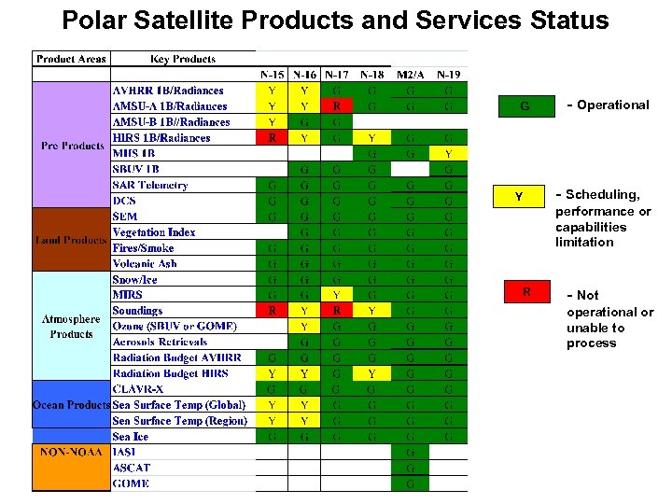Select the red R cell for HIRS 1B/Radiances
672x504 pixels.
(x=272, y=138)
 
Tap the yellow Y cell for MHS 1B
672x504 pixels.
(x=448, y=153)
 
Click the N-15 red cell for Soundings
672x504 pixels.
(x=272, y=311)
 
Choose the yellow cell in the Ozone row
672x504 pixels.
(x=304, y=327)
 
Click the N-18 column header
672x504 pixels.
(x=371, y=75)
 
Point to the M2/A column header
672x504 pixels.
(x=411, y=75)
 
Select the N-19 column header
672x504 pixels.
(x=448, y=75)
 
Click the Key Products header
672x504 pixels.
(x=183, y=59)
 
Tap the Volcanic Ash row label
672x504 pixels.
(x=145, y=264)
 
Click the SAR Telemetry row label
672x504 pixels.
(x=150, y=185)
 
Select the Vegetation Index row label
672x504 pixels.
(x=154, y=232)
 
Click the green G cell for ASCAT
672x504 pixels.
(x=411, y=468)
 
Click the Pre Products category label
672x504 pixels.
(x=72, y=146)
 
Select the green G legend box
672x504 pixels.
(x=525, y=106)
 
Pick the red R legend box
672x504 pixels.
(x=525, y=292)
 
